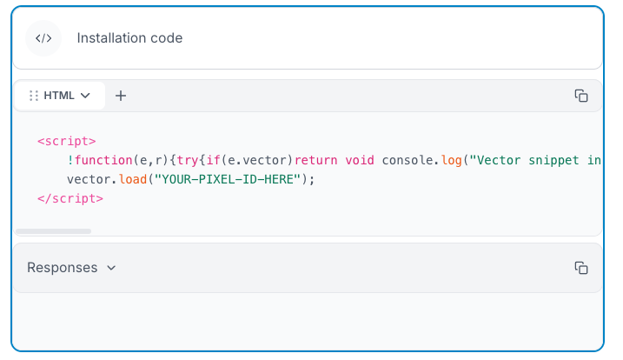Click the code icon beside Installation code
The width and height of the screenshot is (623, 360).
click(43, 38)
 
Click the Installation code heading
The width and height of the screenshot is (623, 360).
click(129, 38)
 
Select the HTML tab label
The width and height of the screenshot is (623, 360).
click(59, 96)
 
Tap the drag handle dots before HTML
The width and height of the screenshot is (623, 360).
click(33, 96)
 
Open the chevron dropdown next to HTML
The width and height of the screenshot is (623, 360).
click(85, 96)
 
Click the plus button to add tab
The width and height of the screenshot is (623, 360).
click(121, 96)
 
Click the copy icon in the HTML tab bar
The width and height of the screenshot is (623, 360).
click(581, 96)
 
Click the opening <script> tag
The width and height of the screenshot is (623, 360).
click(66, 141)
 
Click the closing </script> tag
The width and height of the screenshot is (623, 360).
click(70, 198)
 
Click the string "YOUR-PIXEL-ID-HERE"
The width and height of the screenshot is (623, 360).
click(228, 179)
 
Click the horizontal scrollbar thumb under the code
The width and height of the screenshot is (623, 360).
click(53, 231)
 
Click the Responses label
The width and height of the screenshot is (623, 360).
click(62, 268)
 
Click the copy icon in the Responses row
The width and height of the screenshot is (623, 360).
click(581, 268)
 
